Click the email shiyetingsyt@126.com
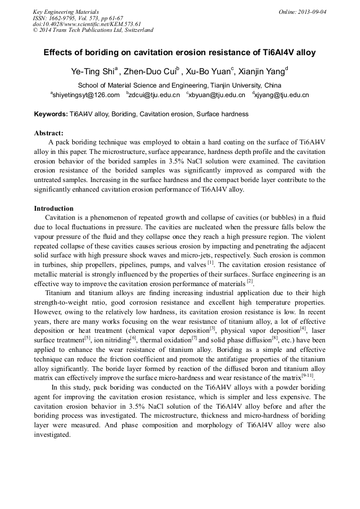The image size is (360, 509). coord(86,95)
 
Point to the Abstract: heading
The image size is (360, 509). coord(49,133)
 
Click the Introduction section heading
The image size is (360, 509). coord(54,208)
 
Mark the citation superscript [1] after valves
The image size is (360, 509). coord(210,262)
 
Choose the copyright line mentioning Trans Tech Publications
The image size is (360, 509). coord(93,30)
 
